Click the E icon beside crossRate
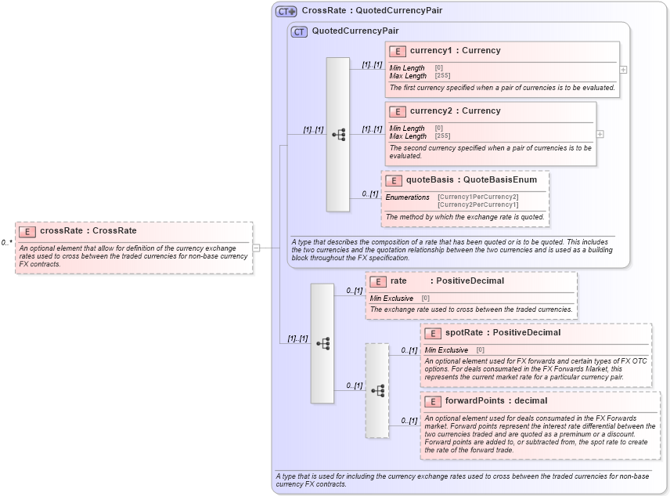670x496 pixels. point(27,231)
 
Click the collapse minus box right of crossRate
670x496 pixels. point(256,248)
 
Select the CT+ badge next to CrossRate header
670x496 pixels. point(286,11)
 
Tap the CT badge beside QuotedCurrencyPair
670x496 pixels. point(299,31)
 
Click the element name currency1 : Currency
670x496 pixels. point(455,51)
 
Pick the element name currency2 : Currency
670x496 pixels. point(455,111)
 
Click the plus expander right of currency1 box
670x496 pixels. point(623,70)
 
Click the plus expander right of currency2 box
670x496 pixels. point(600,134)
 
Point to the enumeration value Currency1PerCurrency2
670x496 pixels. point(477,197)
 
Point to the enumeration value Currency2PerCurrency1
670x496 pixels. point(477,205)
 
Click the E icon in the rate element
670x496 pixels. point(378,281)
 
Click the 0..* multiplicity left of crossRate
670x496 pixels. point(6,243)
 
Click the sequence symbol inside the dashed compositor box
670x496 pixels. point(377,390)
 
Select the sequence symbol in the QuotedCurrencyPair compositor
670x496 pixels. point(338,135)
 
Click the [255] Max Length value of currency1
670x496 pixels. point(442,76)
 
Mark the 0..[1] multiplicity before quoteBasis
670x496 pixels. point(369,194)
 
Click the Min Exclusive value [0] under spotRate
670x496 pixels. point(480,349)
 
